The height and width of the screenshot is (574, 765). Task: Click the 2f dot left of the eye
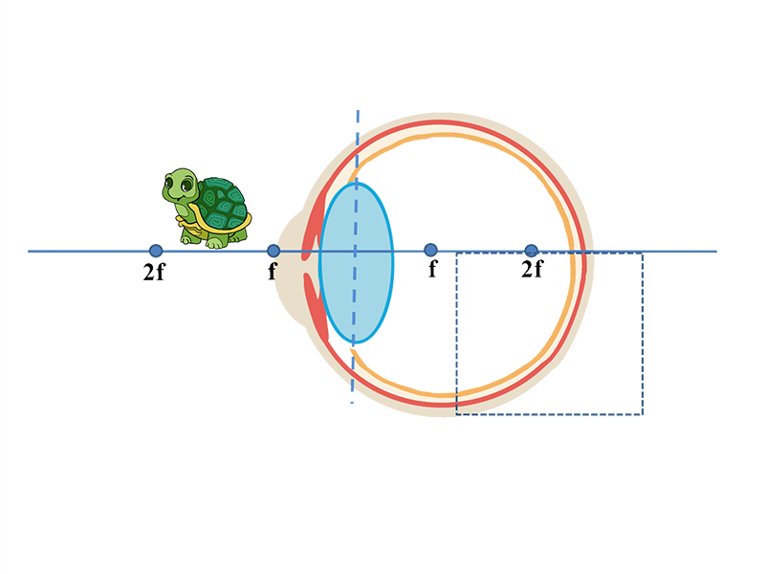click(156, 251)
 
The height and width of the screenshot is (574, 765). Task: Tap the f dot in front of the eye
click(273, 251)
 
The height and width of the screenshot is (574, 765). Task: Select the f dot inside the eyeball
click(430, 251)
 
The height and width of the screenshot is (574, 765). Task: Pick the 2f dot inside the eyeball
click(532, 251)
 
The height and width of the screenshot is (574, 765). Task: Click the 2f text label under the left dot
click(154, 272)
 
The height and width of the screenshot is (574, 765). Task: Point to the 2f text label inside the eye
click(532, 269)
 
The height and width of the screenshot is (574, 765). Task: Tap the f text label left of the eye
click(273, 271)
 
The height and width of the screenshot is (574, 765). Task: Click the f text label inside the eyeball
click(433, 269)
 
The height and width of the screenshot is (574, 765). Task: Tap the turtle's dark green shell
click(222, 203)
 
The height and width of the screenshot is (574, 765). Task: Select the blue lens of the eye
click(356, 262)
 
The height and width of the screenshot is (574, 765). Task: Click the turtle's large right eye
click(186, 186)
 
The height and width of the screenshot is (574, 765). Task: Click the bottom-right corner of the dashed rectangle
click(643, 414)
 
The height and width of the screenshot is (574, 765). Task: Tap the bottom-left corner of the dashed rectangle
click(457, 414)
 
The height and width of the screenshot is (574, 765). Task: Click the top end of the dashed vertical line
click(358, 111)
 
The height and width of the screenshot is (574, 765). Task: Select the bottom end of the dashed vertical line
click(352, 403)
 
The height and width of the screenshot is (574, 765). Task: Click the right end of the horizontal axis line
click(716, 252)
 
